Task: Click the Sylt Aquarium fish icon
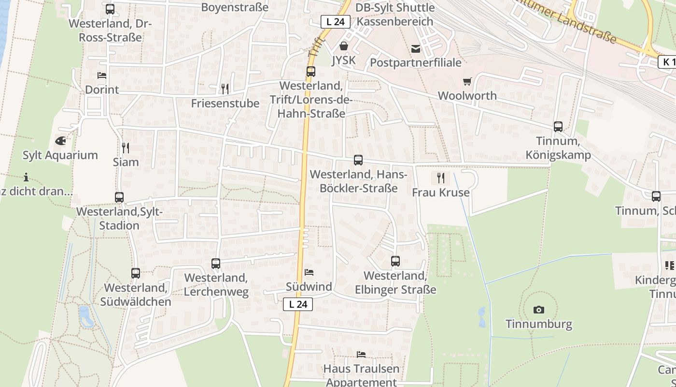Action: [60, 141]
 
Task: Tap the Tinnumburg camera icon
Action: [538, 310]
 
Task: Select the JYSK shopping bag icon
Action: [343, 46]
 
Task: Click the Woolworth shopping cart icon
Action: [467, 82]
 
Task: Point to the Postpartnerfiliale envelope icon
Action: [415, 48]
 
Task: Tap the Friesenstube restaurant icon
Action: [225, 89]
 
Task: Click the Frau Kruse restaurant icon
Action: [440, 178]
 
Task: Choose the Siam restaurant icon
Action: [126, 148]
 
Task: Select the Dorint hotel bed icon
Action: [101, 75]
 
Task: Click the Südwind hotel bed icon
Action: [309, 272]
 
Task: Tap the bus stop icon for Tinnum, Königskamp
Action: [558, 127]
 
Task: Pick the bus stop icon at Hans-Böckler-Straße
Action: [358, 160]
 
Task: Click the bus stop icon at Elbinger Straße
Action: [395, 261]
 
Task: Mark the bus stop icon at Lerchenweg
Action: [216, 264]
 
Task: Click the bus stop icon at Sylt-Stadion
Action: [119, 197]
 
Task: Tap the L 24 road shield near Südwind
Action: [298, 304]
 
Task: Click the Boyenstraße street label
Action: [235, 7]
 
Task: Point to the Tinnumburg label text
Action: [538, 324]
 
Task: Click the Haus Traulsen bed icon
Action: [361, 355]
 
